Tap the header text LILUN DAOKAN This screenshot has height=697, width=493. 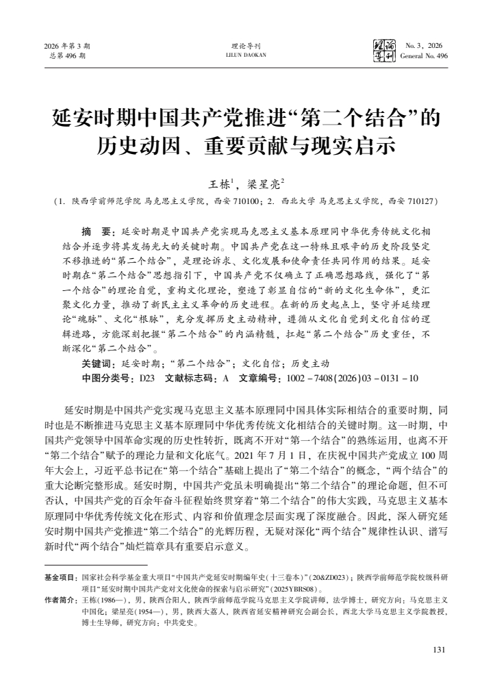tap(246, 55)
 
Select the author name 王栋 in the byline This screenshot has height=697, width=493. tap(218, 183)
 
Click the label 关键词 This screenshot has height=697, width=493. tap(99, 364)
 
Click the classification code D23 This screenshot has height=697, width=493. tap(147, 377)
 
